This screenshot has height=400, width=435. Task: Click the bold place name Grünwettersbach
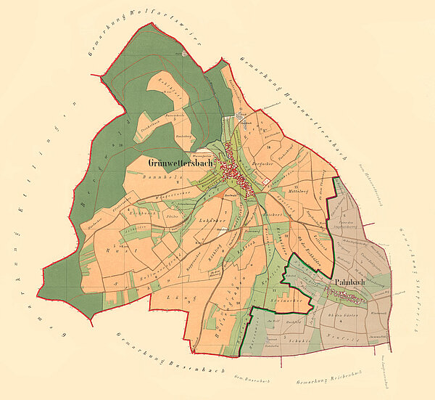click(x=178, y=163)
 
